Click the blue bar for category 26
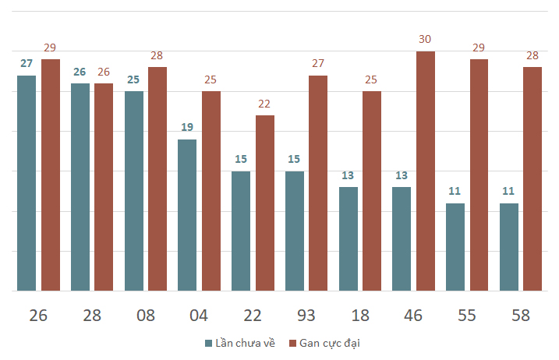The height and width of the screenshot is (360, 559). [27, 183]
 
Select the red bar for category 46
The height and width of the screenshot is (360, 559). [426, 171]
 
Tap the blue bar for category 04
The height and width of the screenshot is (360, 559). [187, 215]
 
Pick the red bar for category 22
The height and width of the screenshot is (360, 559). [265, 203]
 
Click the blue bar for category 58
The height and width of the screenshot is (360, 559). [509, 247]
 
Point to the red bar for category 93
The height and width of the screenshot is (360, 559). [318, 183]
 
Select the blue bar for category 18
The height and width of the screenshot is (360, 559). [348, 238]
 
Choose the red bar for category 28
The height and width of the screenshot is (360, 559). [104, 187]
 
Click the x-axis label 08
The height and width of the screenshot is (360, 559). [146, 316]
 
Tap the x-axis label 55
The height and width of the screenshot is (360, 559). [467, 316]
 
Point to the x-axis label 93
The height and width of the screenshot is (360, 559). [306, 316]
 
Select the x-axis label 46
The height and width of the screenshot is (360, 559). [413, 316]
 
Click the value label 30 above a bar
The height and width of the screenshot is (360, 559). [425, 39]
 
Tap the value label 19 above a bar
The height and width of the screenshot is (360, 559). [187, 127]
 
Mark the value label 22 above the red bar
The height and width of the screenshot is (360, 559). [264, 104]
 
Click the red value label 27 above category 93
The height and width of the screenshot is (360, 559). [318, 63]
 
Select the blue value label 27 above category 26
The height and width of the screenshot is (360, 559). [27, 63]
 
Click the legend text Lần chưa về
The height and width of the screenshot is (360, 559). [246, 343]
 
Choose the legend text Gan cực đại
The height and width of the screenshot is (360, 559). [330, 344]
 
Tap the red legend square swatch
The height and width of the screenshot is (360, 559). [292, 344]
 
